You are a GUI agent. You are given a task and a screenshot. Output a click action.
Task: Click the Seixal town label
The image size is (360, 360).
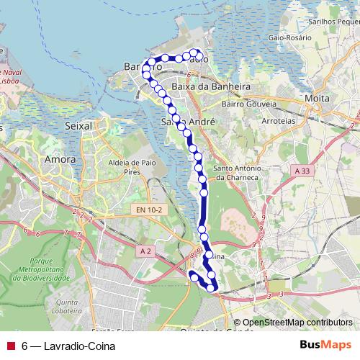point(79,125)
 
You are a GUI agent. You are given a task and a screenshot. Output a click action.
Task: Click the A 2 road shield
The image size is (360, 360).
point(146,251)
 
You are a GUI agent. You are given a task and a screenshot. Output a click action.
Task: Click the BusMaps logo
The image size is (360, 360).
point(326,345)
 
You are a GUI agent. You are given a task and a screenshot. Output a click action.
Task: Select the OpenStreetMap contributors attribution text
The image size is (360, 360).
point(297,323)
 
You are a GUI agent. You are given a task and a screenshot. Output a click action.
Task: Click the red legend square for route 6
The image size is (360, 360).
point(10,346)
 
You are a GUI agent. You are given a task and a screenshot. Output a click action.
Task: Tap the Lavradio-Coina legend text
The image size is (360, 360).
point(71,346)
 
